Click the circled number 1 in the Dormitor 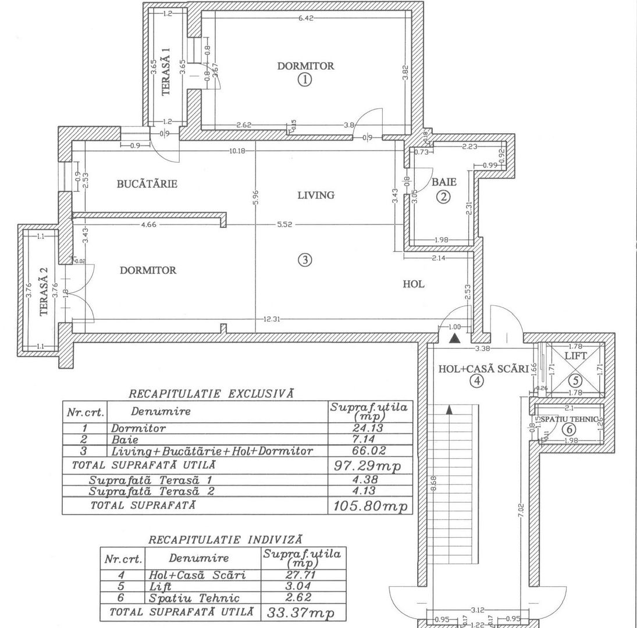(305, 80)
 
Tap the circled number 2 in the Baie (444, 197)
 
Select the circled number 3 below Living (304, 261)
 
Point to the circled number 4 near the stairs (477, 381)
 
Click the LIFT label (576, 355)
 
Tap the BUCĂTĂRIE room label (147, 184)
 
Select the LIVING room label (316, 195)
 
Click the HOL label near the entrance (414, 284)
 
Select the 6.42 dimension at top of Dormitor (306, 19)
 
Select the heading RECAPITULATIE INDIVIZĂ (225, 540)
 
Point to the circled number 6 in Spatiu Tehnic (570, 429)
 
